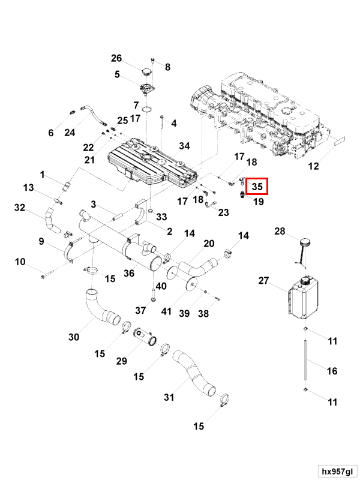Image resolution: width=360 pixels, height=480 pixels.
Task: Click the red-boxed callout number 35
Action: click(257, 187)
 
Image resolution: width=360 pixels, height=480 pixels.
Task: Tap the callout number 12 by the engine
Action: click(314, 167)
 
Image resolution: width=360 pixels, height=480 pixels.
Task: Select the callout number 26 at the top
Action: click(116, 58)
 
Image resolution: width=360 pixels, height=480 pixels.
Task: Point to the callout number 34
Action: click(184, 146)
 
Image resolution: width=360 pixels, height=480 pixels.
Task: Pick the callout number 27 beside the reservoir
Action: click(264, 280)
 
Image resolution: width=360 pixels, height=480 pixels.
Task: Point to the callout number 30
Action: click(73, 337)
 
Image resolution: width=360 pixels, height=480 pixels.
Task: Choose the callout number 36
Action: click(128, 274)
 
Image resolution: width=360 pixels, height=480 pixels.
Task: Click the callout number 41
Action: click(166, 311)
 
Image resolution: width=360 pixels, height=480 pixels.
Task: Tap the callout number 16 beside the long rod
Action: click(332, 371)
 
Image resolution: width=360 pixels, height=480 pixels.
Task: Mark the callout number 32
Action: click(20, 208)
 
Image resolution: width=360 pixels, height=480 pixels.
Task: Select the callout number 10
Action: click(20, 262)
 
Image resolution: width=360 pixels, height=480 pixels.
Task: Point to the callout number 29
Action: click(122, 361)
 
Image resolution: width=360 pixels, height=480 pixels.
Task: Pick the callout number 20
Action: click(209, 243)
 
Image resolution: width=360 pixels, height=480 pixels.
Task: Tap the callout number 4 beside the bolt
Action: click(174, 124)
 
